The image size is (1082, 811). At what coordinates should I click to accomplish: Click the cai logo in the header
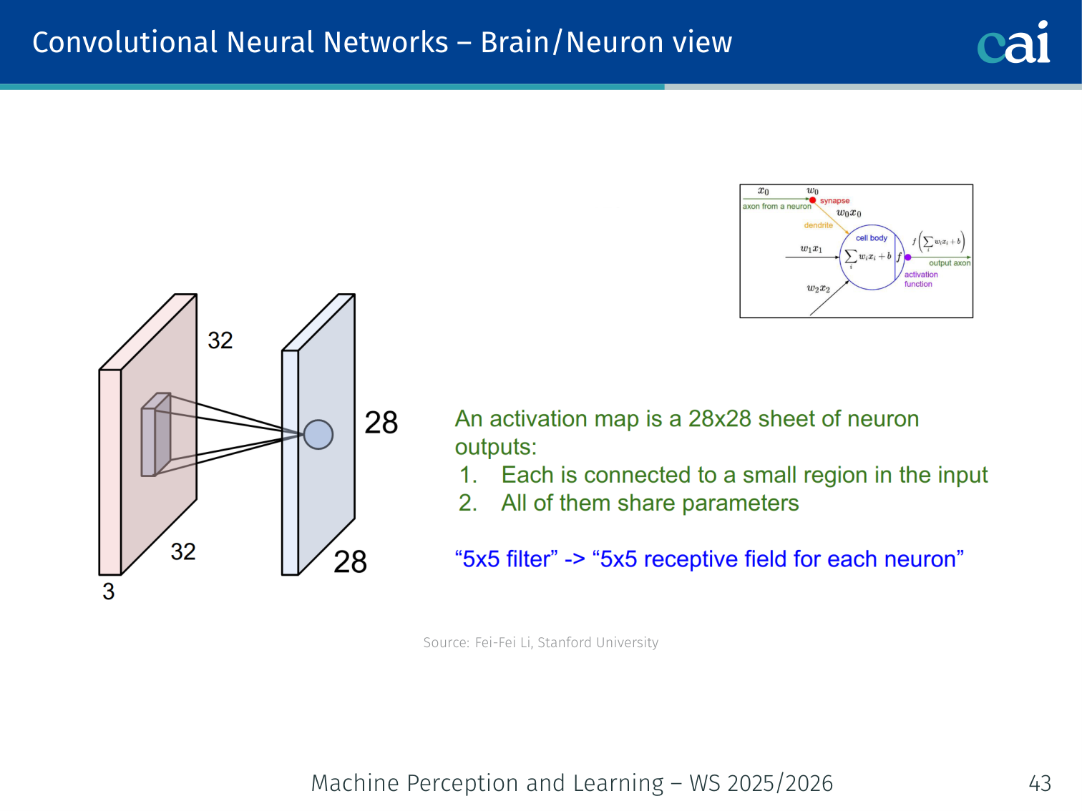(x=1013, y=43)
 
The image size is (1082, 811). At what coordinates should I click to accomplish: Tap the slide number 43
(x=1040, y=783)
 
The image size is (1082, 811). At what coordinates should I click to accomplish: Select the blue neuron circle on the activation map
(x=318, y=434)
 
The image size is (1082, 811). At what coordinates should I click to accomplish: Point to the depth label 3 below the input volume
(x=109, y=591)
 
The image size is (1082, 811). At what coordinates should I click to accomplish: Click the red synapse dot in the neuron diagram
(x=813, y=200)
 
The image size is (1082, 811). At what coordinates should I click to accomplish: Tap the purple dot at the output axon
(x=908, y=257)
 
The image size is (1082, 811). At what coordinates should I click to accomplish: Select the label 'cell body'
(x=871, y=238)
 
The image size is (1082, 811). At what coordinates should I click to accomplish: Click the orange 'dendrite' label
(x=818, y=225)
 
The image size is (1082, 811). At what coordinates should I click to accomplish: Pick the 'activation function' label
(x=920, y=279)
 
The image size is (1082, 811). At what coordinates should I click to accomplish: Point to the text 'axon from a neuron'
(x=776, y=207)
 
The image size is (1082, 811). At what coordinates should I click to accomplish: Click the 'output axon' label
(x=950, y=263)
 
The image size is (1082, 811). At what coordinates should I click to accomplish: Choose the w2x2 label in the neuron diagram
(x=819, y=289)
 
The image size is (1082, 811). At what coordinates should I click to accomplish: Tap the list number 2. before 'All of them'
(x=468, y=503)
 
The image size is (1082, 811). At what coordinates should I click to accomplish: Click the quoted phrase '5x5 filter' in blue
(x=506, y=559)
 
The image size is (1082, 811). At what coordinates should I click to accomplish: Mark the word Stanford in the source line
(x=565, y=642)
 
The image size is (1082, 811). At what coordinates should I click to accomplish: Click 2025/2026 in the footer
(x=779, y=783)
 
